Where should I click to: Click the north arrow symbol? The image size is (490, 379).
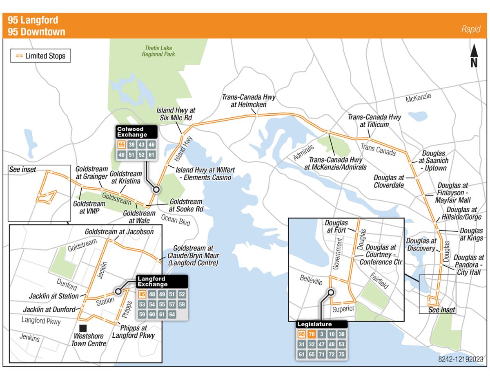(474, 56)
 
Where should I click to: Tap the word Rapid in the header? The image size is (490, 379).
(470, 29)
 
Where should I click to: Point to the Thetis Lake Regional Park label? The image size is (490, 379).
(158, 51)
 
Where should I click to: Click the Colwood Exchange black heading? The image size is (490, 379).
(136, 132)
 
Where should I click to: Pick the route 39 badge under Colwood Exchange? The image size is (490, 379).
(131, 145)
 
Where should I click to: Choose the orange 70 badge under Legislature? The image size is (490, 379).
(312, 334)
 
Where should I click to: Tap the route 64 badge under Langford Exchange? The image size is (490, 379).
(172, 314)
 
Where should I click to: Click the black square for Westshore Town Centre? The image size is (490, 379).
(83, 328)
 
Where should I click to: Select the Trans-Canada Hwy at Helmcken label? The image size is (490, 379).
(249, 101)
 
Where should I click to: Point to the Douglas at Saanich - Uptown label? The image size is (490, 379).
(434, 161)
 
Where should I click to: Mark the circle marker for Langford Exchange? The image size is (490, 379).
(118, 292)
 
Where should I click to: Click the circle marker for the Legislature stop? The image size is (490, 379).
(331, 292)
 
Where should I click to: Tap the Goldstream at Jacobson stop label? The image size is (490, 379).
(119, 232)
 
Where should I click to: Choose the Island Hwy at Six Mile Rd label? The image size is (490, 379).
(176, 114)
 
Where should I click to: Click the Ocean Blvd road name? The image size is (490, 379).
(176, 220)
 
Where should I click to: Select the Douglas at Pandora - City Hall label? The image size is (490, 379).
(468, 265)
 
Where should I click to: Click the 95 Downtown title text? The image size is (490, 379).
(36, 32)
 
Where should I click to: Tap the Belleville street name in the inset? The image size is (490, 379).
(311, 280)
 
